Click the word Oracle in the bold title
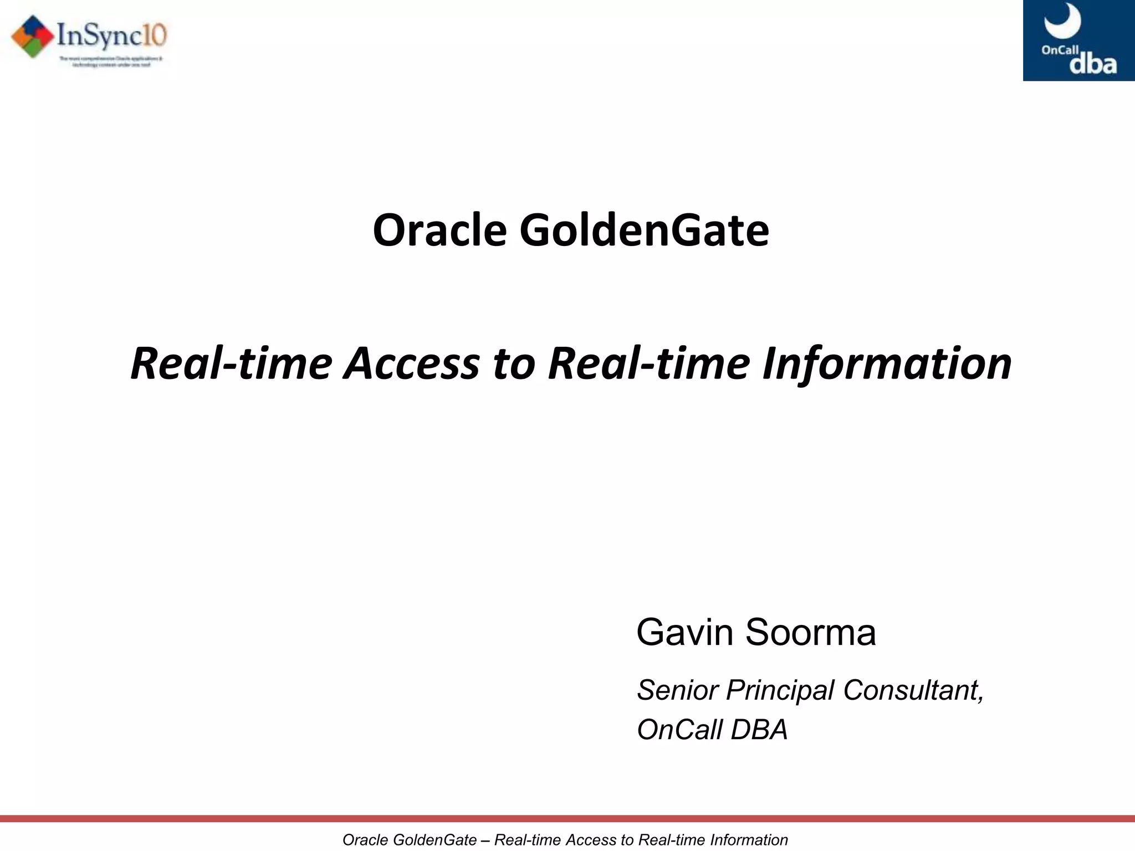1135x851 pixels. pyautogui.click(x=439, y=230)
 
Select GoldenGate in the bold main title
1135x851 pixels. pyautogui.click(x=644, y=230)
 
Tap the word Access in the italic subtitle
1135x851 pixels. pyautogui.click(x=411, y=364)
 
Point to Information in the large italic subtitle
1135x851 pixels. pyautogui.click(x=887, y=364)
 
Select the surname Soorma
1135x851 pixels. pyautogui.click(x=811, y=632)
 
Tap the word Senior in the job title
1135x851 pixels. pyautogui.click(x=678, y=690)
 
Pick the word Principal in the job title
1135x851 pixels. pyautogui.click(x=781, y=690)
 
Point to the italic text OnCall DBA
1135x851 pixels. pyautogui.click(x=712, y=730)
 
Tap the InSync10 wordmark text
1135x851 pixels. pyautogui.click(x=111, y=36)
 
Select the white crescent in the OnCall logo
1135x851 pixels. pyautogui.click(x=1062, y=21)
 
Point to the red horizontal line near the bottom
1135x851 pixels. pyautogui.click(x=567, y=819)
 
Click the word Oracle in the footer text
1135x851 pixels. pyautogui.click(x=366, y=840)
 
